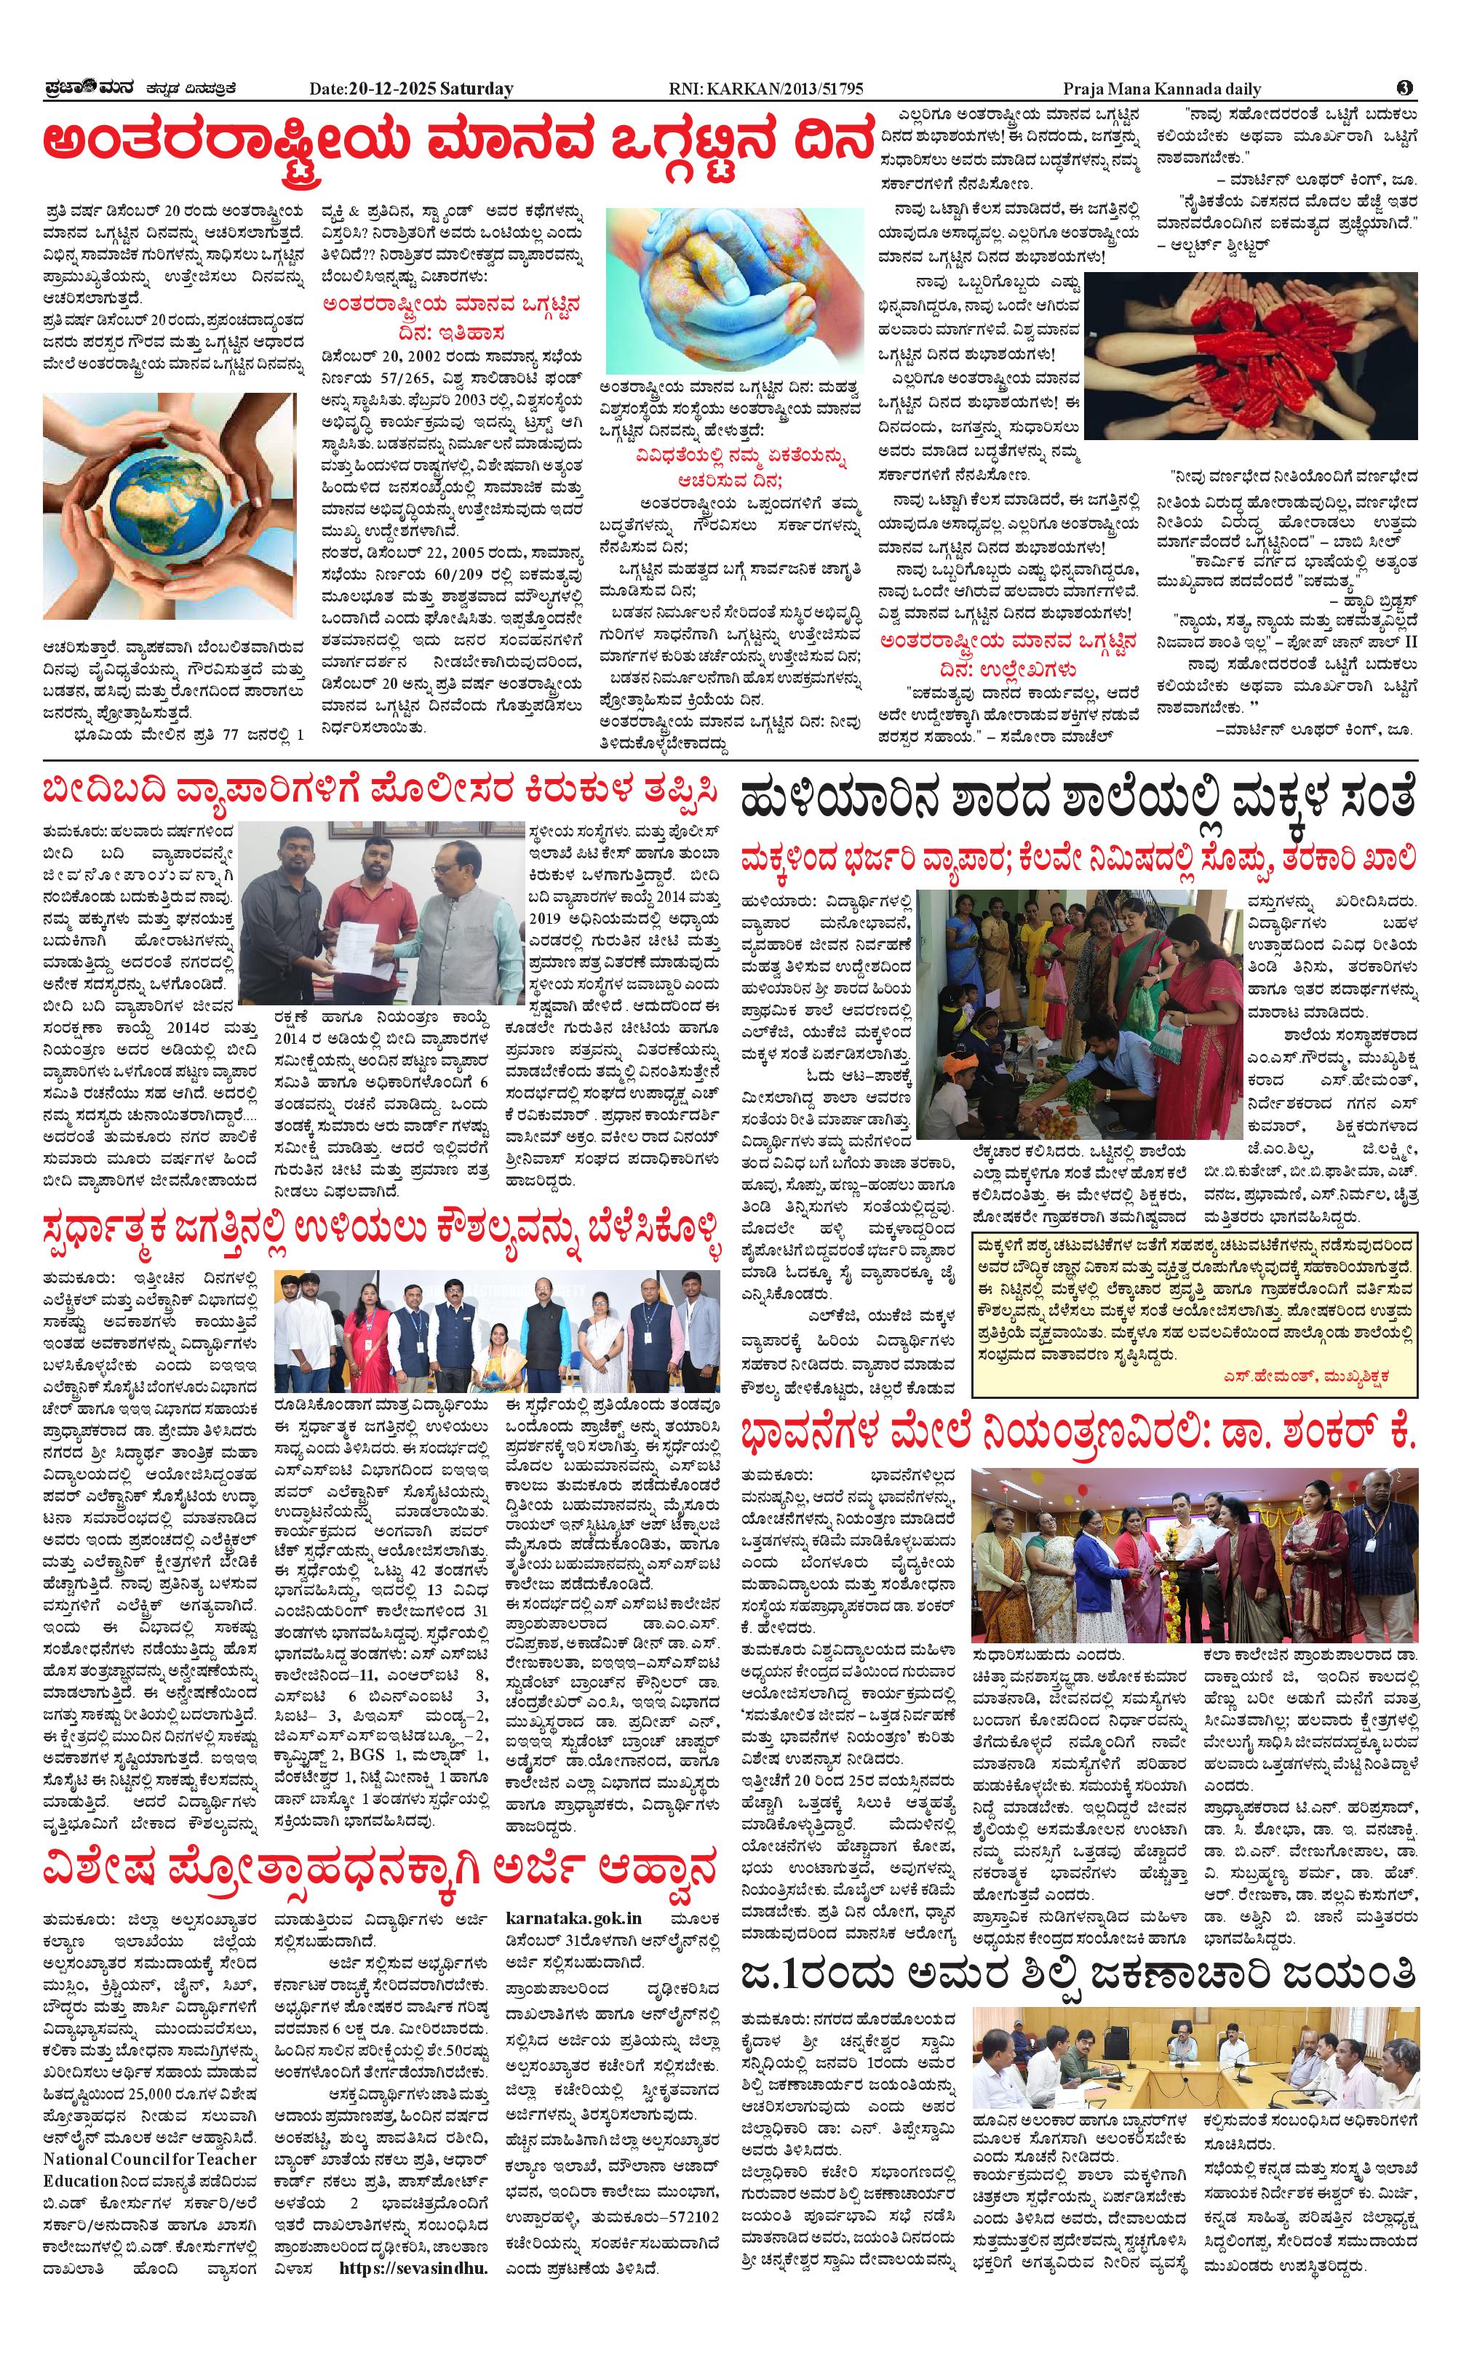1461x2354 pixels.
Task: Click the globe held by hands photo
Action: click(171, 506)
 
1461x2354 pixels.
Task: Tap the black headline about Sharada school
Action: click(1078, 802)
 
